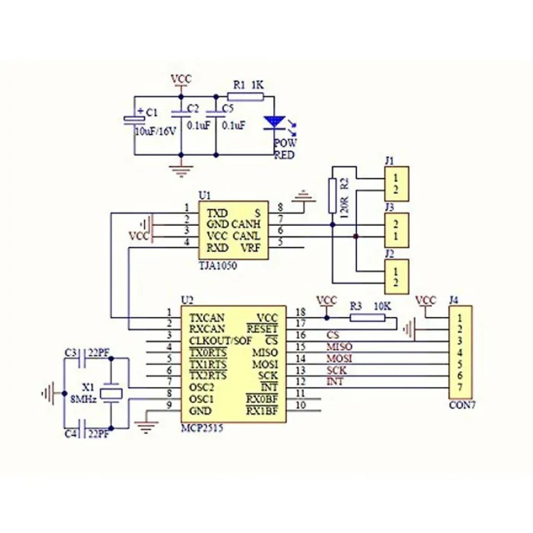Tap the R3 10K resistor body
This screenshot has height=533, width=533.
tap(367, 318)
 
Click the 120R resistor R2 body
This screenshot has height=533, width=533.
tap(332, 195)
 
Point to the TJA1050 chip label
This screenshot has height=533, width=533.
tap(217, 265)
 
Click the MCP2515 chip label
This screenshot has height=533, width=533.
tap(202, 430)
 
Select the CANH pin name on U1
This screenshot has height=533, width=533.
tap(247, 225)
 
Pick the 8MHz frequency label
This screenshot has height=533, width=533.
tap(84, 398)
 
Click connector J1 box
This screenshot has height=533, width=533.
tap(396, 183)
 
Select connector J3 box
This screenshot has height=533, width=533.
tap(396, 230)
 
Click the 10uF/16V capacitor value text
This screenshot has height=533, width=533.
tap(156, 131)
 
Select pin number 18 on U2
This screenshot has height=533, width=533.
tap(300, 311)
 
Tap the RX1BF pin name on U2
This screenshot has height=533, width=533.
tap(262, 410)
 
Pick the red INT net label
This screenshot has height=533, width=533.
tap(335, 381)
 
